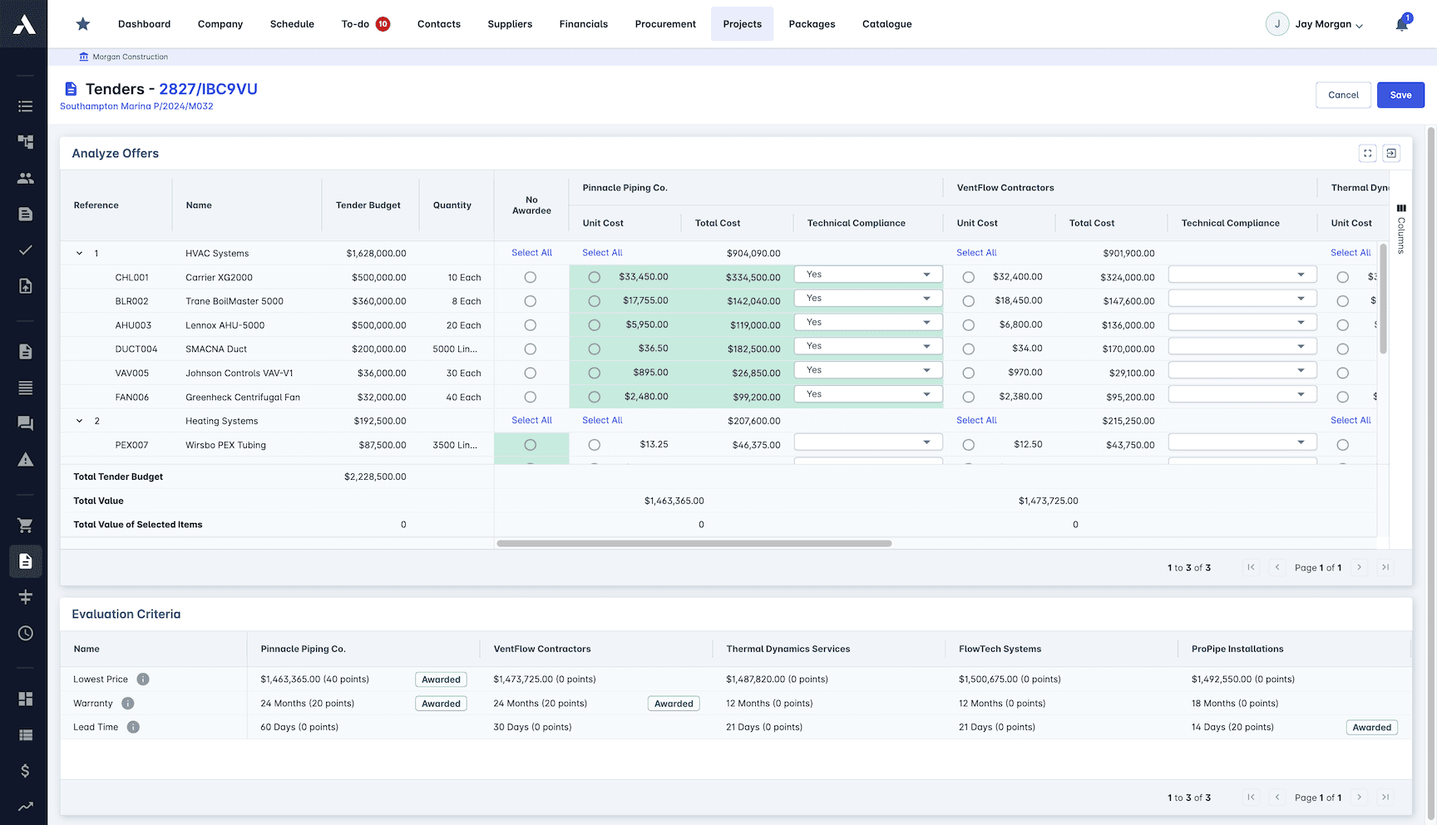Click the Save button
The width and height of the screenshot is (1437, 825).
[1400, 95]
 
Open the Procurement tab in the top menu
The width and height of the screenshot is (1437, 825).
[665, 24]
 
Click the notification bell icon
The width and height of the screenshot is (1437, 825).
[1402, 24]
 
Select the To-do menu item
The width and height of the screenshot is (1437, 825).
[356, 24]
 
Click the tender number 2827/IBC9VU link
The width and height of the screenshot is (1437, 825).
[208, 89]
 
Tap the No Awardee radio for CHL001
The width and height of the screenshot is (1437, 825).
[531, 278]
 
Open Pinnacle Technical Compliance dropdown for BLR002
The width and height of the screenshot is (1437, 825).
[868, 299]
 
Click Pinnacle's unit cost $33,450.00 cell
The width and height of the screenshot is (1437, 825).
[643, 277]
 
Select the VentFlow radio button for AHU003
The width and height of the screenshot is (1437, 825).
[968, 325]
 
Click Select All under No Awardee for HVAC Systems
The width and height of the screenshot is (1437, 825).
[531, 253]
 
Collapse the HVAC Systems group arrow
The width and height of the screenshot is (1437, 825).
[80, 254]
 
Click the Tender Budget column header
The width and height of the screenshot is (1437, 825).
[368, 205]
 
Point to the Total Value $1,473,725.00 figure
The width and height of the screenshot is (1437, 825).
[1048, 501]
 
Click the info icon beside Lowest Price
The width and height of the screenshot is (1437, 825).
[143, 679]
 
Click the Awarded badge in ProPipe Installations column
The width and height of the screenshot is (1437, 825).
[1371, 728]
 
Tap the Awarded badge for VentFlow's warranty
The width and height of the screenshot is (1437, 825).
[674, 704]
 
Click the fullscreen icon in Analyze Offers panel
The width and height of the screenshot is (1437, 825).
[1367, 153]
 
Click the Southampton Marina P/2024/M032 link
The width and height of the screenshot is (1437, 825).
[136, 106]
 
